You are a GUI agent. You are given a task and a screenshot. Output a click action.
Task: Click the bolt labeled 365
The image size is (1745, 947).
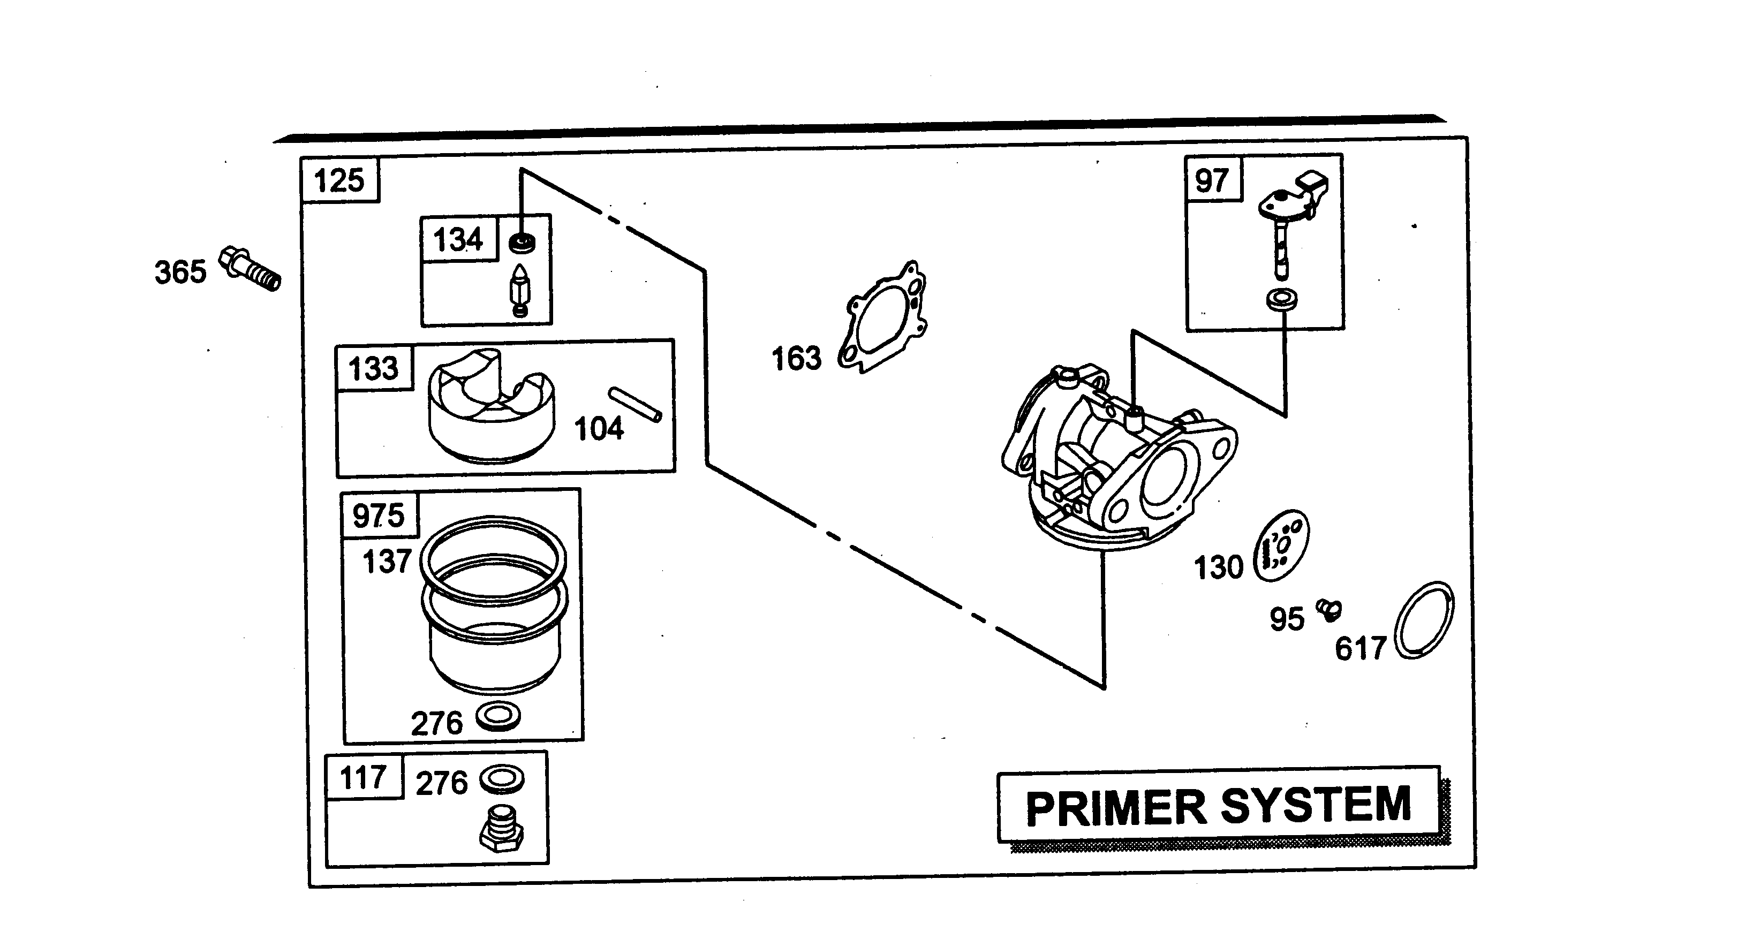[250, 269]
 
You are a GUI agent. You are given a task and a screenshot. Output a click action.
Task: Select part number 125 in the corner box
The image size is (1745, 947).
[339, 181]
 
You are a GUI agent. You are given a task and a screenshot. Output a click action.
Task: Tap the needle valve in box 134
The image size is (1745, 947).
[519, 291]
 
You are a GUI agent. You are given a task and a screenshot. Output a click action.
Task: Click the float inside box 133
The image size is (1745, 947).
[491, 406]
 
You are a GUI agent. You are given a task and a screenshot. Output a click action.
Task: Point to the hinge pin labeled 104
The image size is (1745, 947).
[634, 404]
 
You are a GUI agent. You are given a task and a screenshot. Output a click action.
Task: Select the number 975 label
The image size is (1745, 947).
[378, 516]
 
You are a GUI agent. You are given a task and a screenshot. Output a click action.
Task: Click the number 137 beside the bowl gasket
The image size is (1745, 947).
[387, 562]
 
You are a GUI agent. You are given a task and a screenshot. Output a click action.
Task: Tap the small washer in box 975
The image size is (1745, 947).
[498, 716]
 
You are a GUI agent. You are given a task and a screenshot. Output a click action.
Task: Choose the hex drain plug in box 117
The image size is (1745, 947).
[501, 828]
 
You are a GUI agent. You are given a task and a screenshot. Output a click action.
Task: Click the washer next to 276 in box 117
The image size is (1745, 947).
[502, 779]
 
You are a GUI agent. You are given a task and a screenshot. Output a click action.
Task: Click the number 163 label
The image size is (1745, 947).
[797, 358]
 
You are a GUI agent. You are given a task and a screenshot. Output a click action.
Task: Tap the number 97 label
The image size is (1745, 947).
[1211, 181]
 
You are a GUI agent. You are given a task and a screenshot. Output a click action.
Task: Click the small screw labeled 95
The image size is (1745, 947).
[1328, 609]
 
